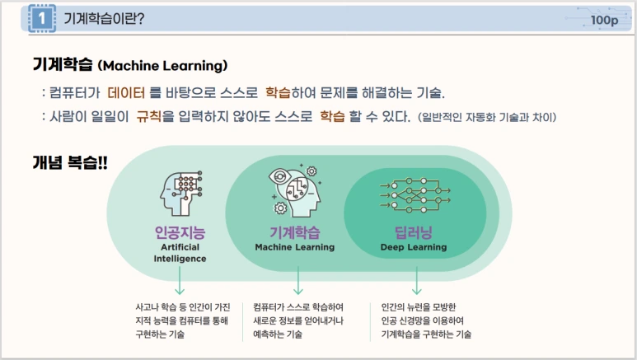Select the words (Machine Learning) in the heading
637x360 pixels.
point(162,65)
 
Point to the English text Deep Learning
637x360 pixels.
point(414,247)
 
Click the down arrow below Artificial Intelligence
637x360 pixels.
point(180,282)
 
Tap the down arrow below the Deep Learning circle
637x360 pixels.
point(416,280)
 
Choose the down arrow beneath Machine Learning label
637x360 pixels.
point(297,282)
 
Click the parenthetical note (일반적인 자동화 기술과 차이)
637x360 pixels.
point(487,117)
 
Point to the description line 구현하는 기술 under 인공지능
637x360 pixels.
point(160,334)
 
